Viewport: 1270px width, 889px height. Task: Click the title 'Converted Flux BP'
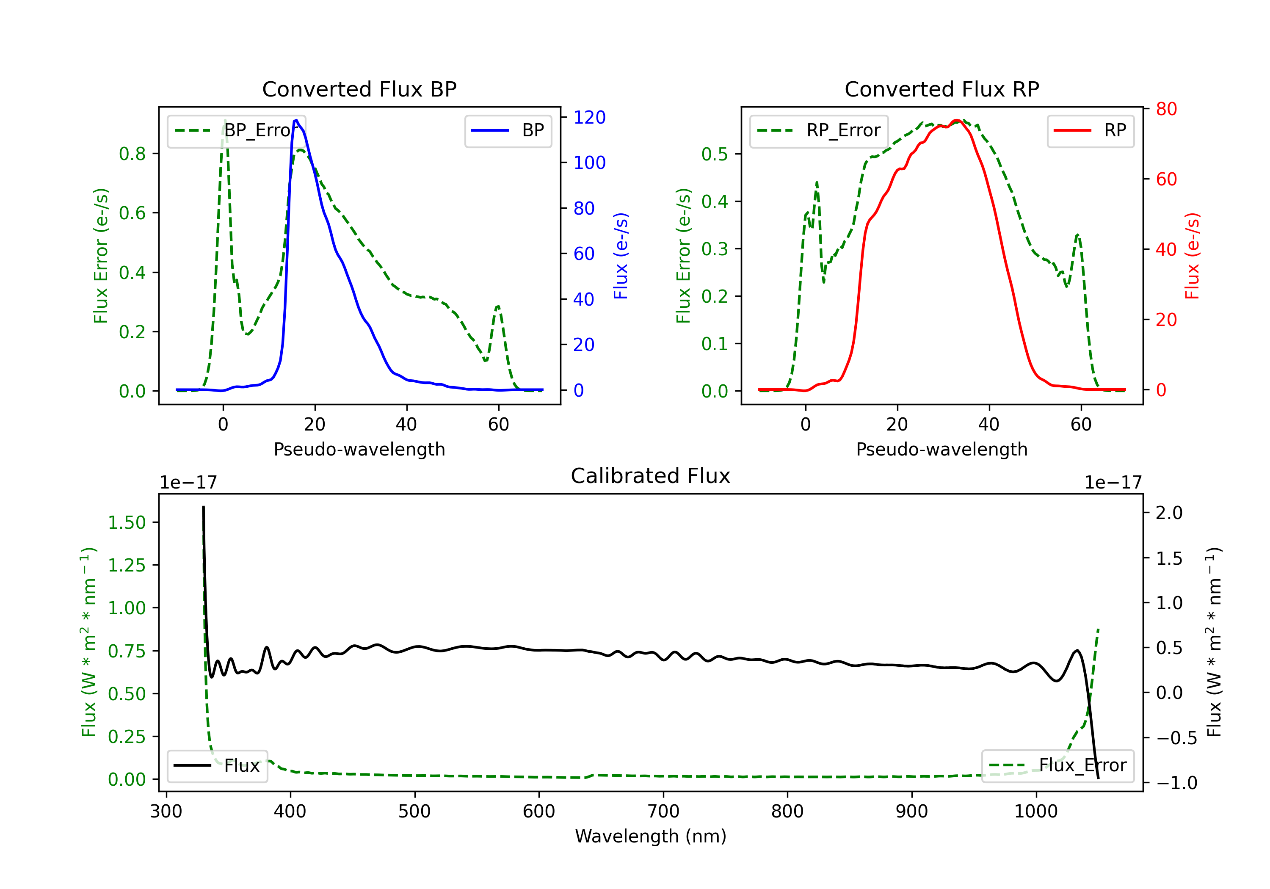[359, 89]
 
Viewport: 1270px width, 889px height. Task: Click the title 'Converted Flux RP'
[941, 89]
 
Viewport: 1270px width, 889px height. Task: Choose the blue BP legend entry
[508, 130]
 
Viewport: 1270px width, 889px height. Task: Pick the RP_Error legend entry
[819, 130]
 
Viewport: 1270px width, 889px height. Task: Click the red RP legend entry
[1090, 130]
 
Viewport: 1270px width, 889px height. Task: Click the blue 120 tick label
[589, 117]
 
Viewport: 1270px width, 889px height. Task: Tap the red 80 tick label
[1166, 109]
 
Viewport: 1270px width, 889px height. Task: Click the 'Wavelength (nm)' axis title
[651, 836]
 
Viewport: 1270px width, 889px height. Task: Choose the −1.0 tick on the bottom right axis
[1176, 783]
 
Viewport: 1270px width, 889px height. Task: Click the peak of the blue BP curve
[296, 120]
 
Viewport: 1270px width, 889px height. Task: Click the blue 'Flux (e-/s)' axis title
[621, 256]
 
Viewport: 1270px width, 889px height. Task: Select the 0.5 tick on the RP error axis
[714, 154]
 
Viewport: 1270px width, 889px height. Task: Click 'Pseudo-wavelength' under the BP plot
[359, 449]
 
